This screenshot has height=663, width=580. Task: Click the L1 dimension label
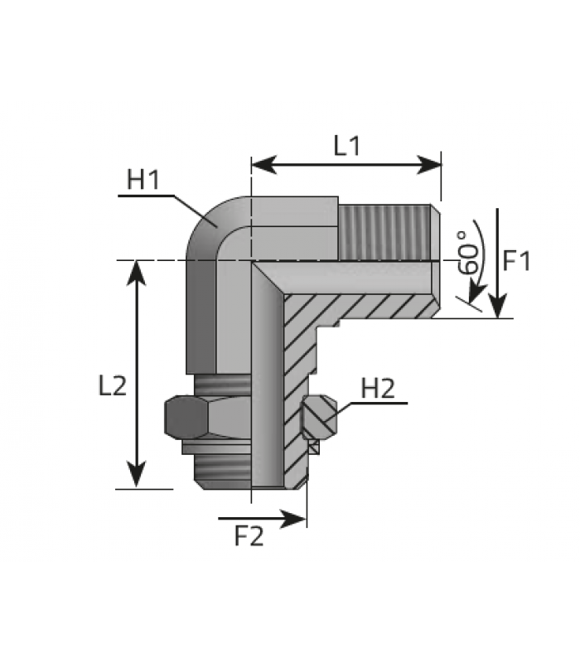tap(346, 146)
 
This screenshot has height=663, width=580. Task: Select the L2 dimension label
tap(113, 386)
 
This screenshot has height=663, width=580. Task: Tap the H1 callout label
tap(143, 180)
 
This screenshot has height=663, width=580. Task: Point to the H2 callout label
tap(378, 389)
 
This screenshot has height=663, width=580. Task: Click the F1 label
tap(516, 260)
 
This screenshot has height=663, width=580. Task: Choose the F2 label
tap(249, 536)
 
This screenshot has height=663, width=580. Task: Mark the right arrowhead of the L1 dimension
tap(429, 164)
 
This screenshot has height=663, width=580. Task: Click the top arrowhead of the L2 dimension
tap(136, 273)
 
